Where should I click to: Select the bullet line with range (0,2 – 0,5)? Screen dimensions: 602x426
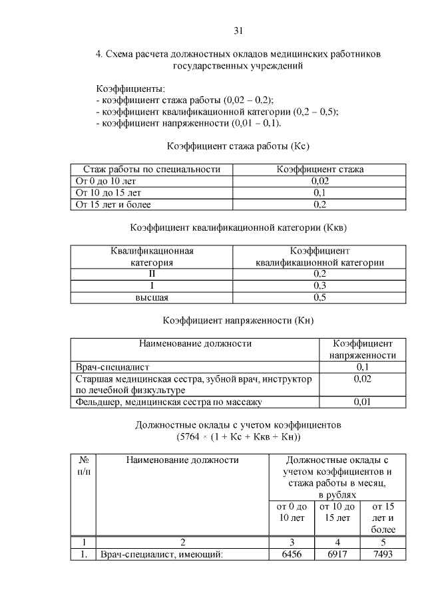point(217,112)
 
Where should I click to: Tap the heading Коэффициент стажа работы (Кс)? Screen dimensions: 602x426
point(238,146)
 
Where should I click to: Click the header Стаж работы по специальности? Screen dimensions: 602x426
point(152,170)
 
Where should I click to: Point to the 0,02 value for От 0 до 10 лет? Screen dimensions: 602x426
point(319,181)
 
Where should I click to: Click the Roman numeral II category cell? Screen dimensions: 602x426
point(152,273)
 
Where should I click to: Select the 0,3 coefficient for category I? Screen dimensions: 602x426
point(319,285)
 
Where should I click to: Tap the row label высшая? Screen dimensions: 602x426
point(152,297)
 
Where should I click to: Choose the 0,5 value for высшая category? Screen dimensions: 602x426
point(319,297)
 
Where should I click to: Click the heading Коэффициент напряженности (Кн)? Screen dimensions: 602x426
point(238,321)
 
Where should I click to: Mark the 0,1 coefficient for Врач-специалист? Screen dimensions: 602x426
point(363,367)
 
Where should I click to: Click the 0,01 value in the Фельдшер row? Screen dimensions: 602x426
point(363,402)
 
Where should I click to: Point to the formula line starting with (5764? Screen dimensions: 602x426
point(238,437)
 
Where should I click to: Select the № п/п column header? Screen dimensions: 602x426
point(84,465)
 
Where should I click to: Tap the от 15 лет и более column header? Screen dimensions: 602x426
point(379,518)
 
